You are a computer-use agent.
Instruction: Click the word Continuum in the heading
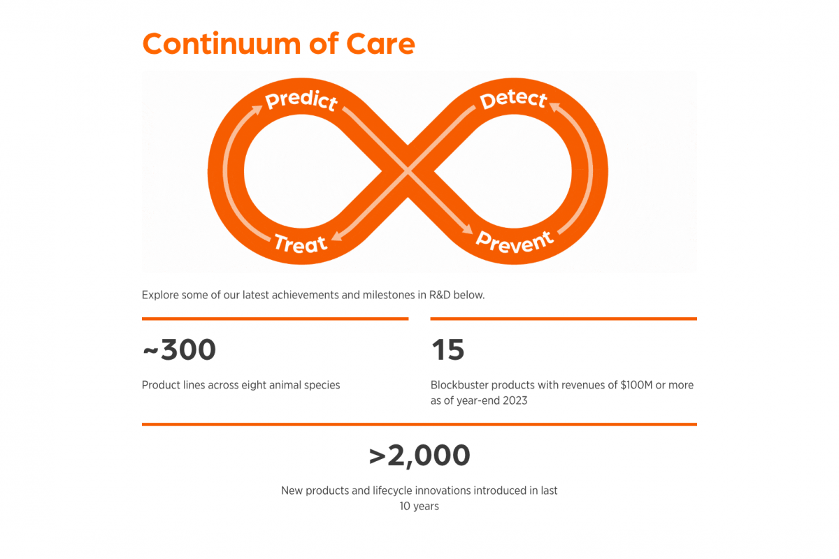pyautogui.click(x=222, y=44)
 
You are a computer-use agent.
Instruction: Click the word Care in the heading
pyautogui.click(x=380, y=44)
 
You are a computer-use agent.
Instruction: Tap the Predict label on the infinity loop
pyautogui.click(x=301, y=101)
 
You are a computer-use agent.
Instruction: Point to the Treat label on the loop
pyautogui.click(x=301, y=243)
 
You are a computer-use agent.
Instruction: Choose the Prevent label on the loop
pyautogui.click(x=515, y=242)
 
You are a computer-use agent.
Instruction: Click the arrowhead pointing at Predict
pyautogui.click(x=257, y=110)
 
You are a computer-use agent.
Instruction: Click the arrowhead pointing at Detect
pyautogui.click(x=554, y=107)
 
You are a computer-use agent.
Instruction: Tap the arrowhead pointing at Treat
pyautogui.click(x=337, y=236)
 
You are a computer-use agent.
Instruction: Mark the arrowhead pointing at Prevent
pyautogui.click(x=467, y=228)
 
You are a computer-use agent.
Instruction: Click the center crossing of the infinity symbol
pyautogui.click(x=408, y=171)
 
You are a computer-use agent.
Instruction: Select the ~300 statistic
pyautogui.click(x=180, y=349)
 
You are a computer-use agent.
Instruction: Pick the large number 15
pyautogui.click(x=448, y=349)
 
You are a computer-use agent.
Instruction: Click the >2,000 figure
pyautogui.click(x=419, y=456)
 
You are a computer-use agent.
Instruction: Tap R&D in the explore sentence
pyautogui.click(x=440, y=295)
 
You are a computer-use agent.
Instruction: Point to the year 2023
pyautogui.click(x=515, y=400)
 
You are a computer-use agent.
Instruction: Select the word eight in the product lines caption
pyautogui.click(x=253, y=385)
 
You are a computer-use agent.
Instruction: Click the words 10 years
pyautogui.click(x=419, y=506)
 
